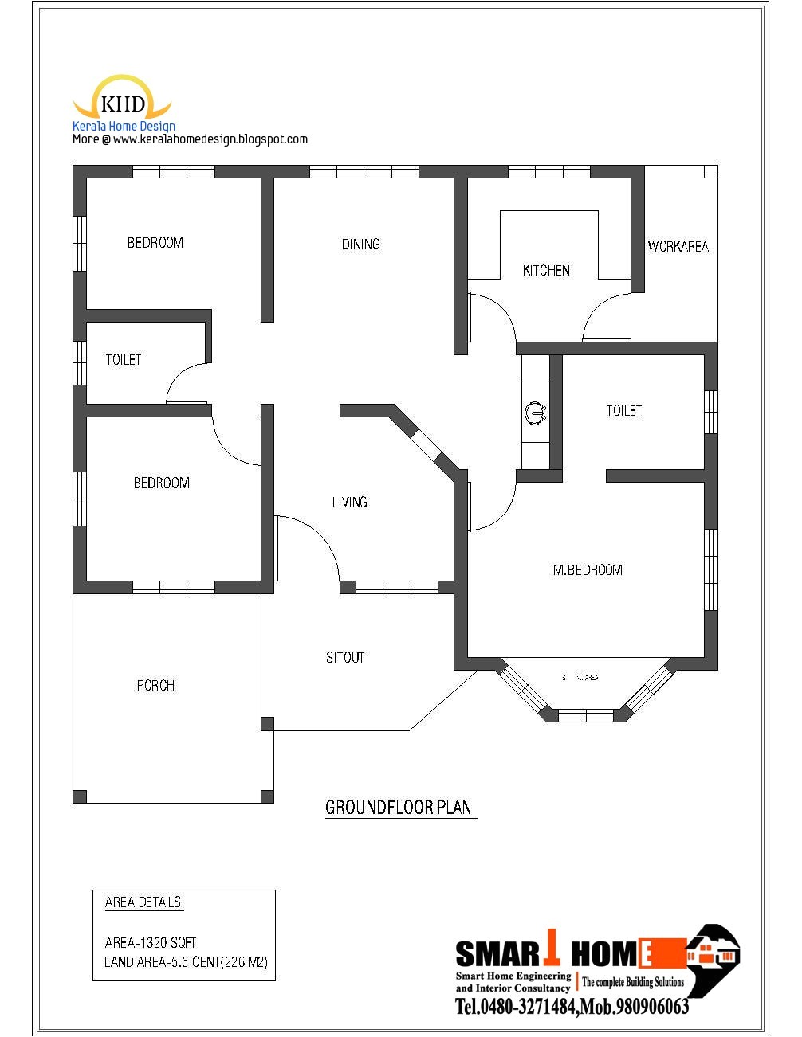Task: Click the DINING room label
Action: click(360, 245)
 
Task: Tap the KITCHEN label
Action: click(546, 271)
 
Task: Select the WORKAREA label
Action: click(678, 247)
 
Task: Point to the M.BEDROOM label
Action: click(588, 570)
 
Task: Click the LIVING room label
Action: click(349, 502)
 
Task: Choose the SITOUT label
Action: click(344, 658)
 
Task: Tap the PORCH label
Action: click(155, 686)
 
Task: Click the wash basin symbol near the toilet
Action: click(534, 413)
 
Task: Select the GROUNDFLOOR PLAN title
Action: click(399, 808)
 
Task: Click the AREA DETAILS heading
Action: click(143, 902)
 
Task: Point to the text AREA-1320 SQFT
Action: click(151, 942)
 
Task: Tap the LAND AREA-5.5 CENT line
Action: click(186, 962)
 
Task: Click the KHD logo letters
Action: click(123, 104)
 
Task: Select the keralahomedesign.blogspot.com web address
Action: click(210, 139)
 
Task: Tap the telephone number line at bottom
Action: click(572, 1008)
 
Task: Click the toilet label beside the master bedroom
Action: click(623, 411)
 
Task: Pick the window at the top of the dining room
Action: click(364, 171)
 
